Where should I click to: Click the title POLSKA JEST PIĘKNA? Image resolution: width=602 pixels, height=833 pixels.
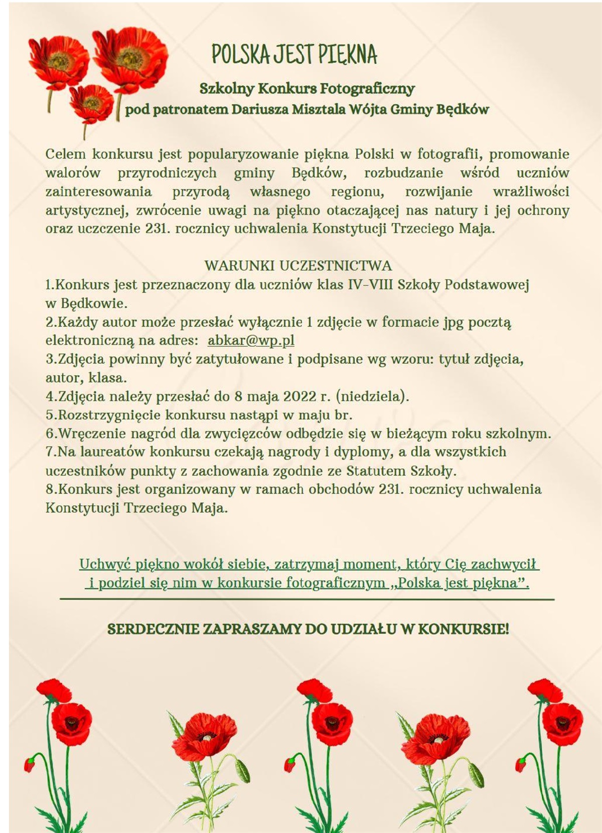(294, 54)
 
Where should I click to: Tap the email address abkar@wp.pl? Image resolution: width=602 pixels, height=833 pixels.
(251, 340)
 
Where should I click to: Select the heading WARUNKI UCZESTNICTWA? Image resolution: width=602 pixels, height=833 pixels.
(298, 265)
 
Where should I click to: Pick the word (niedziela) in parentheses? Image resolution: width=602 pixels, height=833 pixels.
(372, 396)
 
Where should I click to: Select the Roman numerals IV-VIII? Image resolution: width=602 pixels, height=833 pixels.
(370, 285)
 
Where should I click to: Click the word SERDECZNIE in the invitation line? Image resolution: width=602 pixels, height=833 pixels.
(153, 629)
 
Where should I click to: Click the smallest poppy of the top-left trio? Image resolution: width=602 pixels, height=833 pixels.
(91, 103)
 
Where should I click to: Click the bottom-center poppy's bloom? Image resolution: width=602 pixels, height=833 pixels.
(331, 723)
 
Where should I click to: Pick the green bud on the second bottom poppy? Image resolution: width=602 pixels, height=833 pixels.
(243, 770)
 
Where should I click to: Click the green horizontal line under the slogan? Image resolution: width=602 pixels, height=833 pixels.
(307, 599)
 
